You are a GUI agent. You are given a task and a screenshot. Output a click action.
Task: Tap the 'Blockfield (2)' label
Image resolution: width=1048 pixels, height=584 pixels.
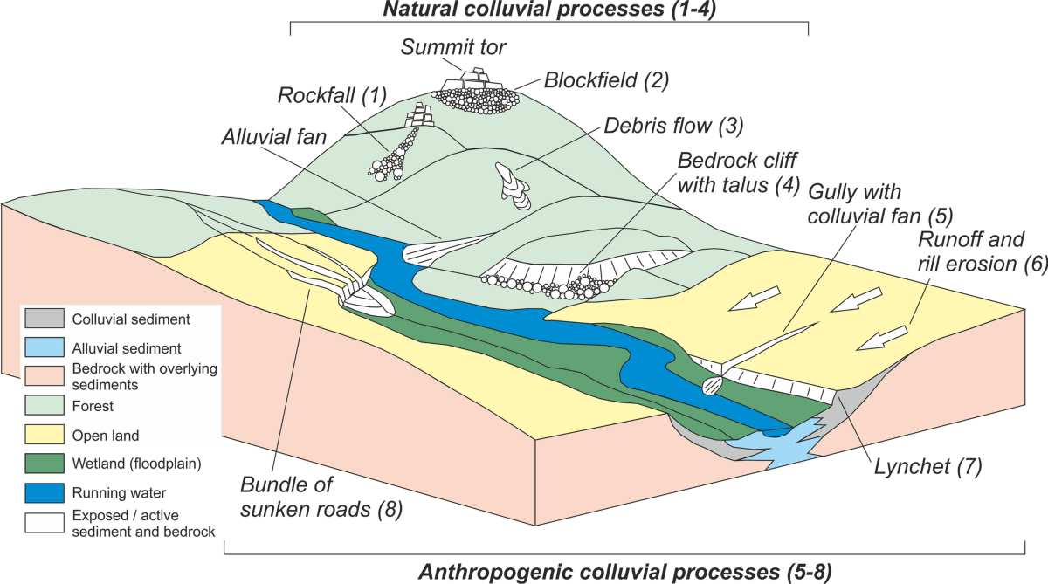click(605, 80)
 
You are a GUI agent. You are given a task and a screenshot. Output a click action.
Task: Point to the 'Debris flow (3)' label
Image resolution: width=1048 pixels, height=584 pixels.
click(673, 125)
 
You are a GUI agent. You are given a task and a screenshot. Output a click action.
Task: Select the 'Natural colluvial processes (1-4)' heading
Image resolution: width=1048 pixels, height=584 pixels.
click(548, 10)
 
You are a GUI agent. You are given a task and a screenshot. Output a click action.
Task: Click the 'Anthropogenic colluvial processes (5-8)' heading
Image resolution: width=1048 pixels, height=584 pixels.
click(625, 572)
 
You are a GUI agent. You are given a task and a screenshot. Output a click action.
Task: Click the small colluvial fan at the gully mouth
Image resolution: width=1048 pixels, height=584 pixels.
click(713, 384)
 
